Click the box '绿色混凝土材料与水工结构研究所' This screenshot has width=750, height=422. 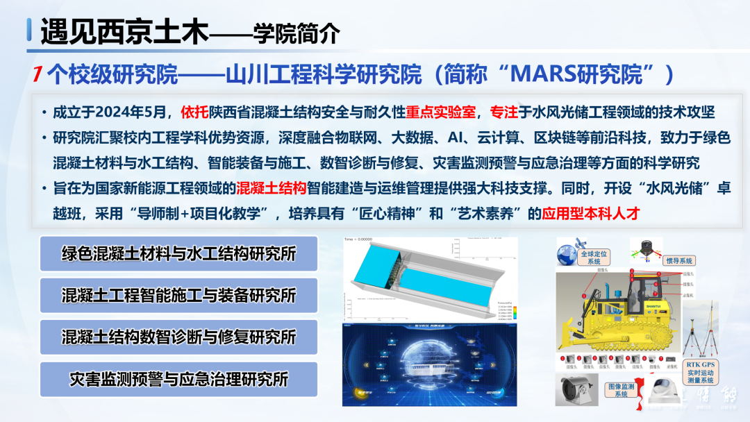point(178,253)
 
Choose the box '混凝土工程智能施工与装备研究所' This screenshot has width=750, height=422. point(178,295)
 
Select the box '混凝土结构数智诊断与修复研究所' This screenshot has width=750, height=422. point(178,337)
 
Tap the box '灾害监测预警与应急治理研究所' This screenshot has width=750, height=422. point(178,379)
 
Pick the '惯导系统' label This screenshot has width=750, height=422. point(679,261)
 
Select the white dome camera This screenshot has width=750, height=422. point(661,391)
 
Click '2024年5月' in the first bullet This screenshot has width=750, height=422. point(137,112)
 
